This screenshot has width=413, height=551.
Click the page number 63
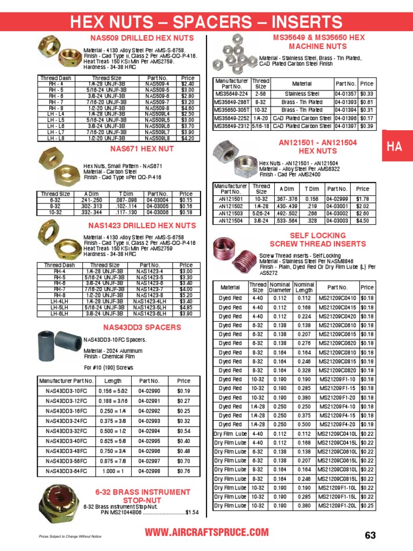371,535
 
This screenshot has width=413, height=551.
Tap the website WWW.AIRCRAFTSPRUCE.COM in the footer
207,532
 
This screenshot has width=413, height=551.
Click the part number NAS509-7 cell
158,102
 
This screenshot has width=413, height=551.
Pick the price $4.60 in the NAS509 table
188,108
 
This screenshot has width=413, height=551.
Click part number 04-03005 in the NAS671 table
157,206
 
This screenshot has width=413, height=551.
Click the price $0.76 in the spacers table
184,471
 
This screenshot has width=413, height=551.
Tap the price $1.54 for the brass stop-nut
193,512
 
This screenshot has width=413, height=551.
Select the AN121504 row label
231,220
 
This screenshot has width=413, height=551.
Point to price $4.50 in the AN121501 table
362,220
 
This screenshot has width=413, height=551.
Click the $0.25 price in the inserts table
367,506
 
